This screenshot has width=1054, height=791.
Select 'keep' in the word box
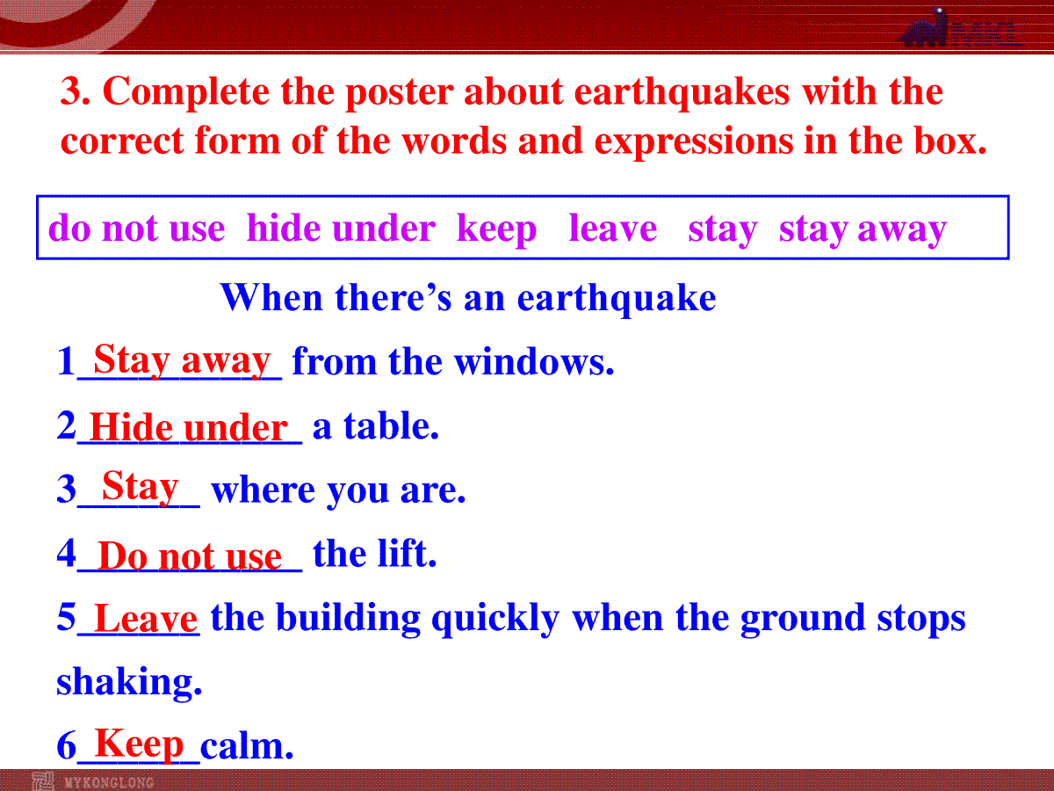point(496,229)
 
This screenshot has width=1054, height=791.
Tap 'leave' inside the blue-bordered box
point(613,228)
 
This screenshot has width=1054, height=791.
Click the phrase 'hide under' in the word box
point(341,228)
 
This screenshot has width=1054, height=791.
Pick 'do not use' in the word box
point(137,229)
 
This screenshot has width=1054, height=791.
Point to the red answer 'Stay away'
point(182,360)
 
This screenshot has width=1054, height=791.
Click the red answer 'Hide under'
point(189,427)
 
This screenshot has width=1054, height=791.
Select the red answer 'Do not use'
point(190,556)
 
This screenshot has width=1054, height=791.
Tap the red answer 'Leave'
point(146,618)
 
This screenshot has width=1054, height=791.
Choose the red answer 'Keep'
point(139,744)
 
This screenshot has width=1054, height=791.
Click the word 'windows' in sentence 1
point(534,361)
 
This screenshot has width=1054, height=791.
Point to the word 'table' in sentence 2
point(392,425)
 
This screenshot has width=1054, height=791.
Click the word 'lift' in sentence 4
point(408,554)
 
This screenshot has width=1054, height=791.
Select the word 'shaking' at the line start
point(129,682)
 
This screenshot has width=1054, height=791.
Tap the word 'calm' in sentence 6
point(246,746)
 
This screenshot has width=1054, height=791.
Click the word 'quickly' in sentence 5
point(495,619)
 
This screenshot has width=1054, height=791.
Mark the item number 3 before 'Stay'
point(66,489)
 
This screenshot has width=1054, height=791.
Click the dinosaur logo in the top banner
point(925,27)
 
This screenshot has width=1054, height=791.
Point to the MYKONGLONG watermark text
point(109,782)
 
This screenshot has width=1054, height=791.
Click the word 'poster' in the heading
point(399,93)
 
